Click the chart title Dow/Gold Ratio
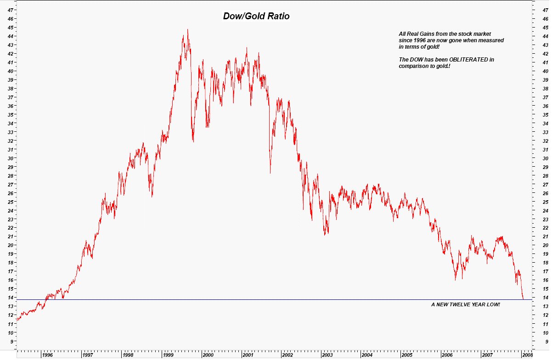[256, 16]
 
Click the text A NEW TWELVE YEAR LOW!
[465, 305]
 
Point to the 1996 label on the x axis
[47, 355]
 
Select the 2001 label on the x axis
[248, 355]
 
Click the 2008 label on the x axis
[527, 355]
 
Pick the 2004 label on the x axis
[367, 355]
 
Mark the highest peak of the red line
[187, 30]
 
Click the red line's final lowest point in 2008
[523, 298]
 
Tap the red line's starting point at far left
[17, 320]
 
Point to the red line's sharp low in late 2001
[270, 173]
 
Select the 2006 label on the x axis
[447, 355]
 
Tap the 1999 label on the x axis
[168, 355]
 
